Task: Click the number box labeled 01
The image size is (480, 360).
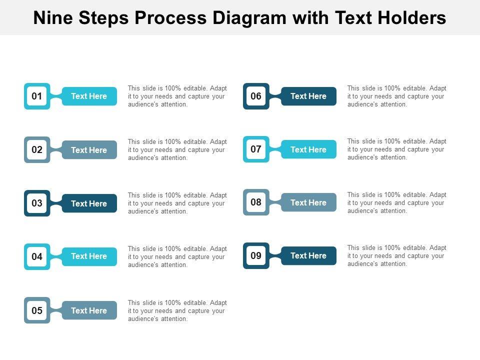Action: tap(37, 96)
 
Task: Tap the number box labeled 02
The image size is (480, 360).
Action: tap(37, 149)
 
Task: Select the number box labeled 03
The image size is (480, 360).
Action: tap(37, 203)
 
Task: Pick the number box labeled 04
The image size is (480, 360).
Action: tap(37, 256)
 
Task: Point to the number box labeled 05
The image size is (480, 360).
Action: tap(37, 310)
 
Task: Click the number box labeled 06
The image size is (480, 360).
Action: tap(256, 96)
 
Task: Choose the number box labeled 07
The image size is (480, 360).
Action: tap(256, 149)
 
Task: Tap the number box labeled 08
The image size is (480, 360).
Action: tap(256, 202)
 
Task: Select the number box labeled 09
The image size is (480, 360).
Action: tap(256, 255)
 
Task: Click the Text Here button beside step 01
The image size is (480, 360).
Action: tap(89, 96)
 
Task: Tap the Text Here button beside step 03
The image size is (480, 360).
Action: tap(89, 203)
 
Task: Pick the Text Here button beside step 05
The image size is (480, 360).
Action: tap(89, 310)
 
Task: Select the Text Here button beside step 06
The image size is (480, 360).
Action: tap(308, 96)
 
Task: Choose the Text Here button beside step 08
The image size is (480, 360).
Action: tap(308, 202)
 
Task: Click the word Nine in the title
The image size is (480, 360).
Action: tap(53, 18)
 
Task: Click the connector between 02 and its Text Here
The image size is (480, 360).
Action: tap(56, 149)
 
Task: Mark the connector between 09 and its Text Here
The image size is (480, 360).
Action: tap(275, 255)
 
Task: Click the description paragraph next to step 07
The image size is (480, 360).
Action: tap(396, 149)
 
